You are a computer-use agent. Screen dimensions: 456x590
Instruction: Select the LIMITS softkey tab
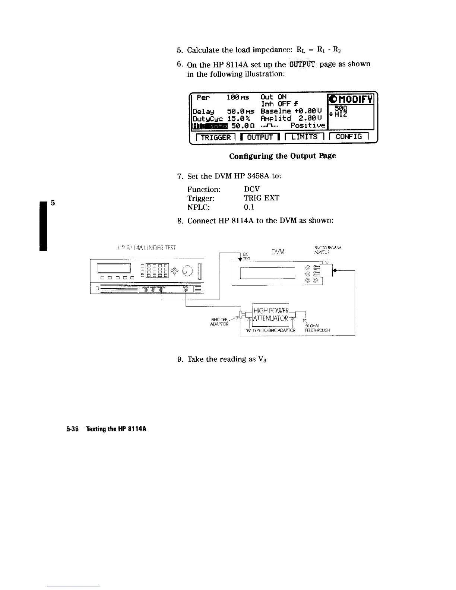(x=305, y=137)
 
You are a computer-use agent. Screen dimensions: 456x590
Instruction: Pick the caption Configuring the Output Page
(x=282, y=156)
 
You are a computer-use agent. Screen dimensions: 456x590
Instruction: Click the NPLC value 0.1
(x=249, y=207)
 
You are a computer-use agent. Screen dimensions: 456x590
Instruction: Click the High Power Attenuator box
(x=270, y=315)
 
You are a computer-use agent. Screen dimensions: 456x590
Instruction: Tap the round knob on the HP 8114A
(x=188, y=269)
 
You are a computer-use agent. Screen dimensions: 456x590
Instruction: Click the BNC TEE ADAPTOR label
(x=219, y=321)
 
